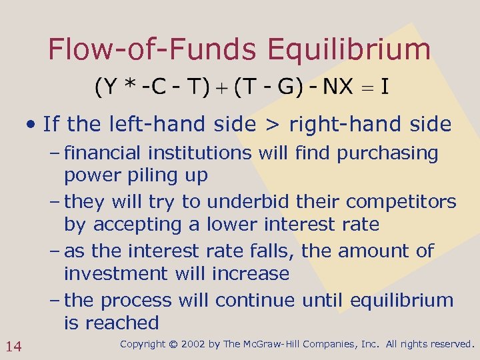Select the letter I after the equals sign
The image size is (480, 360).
pyautogui.click(x=385, y=86)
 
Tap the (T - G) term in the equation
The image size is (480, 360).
pyautogui.click(x=264, y=86)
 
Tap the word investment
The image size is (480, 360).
pyautogui.click(x=117, y=273)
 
